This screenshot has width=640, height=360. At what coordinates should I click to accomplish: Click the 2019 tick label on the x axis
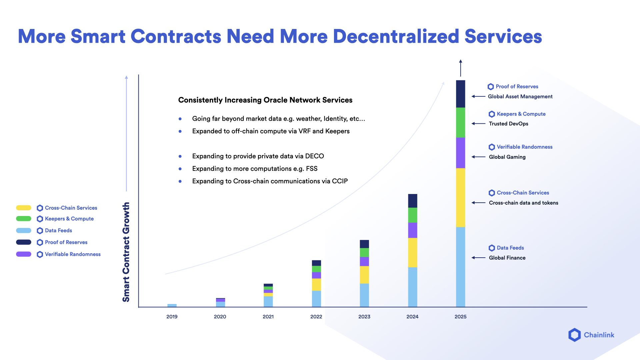[172, 317]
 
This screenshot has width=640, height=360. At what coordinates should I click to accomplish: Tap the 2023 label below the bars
[364, 317]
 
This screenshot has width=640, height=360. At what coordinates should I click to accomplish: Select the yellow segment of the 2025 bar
[460, 197]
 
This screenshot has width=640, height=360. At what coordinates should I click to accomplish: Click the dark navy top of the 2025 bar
[460, 94]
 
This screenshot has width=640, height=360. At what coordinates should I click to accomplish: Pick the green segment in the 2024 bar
[412, 215]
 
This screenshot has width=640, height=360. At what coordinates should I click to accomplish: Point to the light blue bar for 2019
[172, 305]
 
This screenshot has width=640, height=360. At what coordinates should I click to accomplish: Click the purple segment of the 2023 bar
[364, 261]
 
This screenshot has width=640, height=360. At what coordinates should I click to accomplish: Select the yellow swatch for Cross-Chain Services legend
[24, 208]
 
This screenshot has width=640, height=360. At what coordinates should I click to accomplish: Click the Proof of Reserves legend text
[66, 242]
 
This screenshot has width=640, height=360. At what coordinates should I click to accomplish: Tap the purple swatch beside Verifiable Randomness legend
[24, 254]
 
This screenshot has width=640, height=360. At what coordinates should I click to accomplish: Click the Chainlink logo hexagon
[574, 335]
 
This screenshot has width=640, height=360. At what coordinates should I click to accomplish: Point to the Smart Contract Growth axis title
[126, 252]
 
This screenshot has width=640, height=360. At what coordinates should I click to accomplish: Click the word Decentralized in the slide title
[396, 36]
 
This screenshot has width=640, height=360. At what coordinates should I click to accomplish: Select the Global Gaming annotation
[507, 157]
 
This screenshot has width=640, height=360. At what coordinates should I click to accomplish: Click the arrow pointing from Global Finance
[478, 258]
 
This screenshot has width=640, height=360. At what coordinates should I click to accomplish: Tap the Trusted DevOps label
[508, 124]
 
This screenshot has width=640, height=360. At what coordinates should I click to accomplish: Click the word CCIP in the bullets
[340, 181]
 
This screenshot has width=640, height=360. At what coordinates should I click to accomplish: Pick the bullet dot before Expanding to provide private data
[180, 156]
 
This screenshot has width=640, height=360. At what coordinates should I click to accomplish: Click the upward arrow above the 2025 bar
[460, 68]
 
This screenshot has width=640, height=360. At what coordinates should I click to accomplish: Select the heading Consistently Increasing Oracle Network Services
[265, 100]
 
